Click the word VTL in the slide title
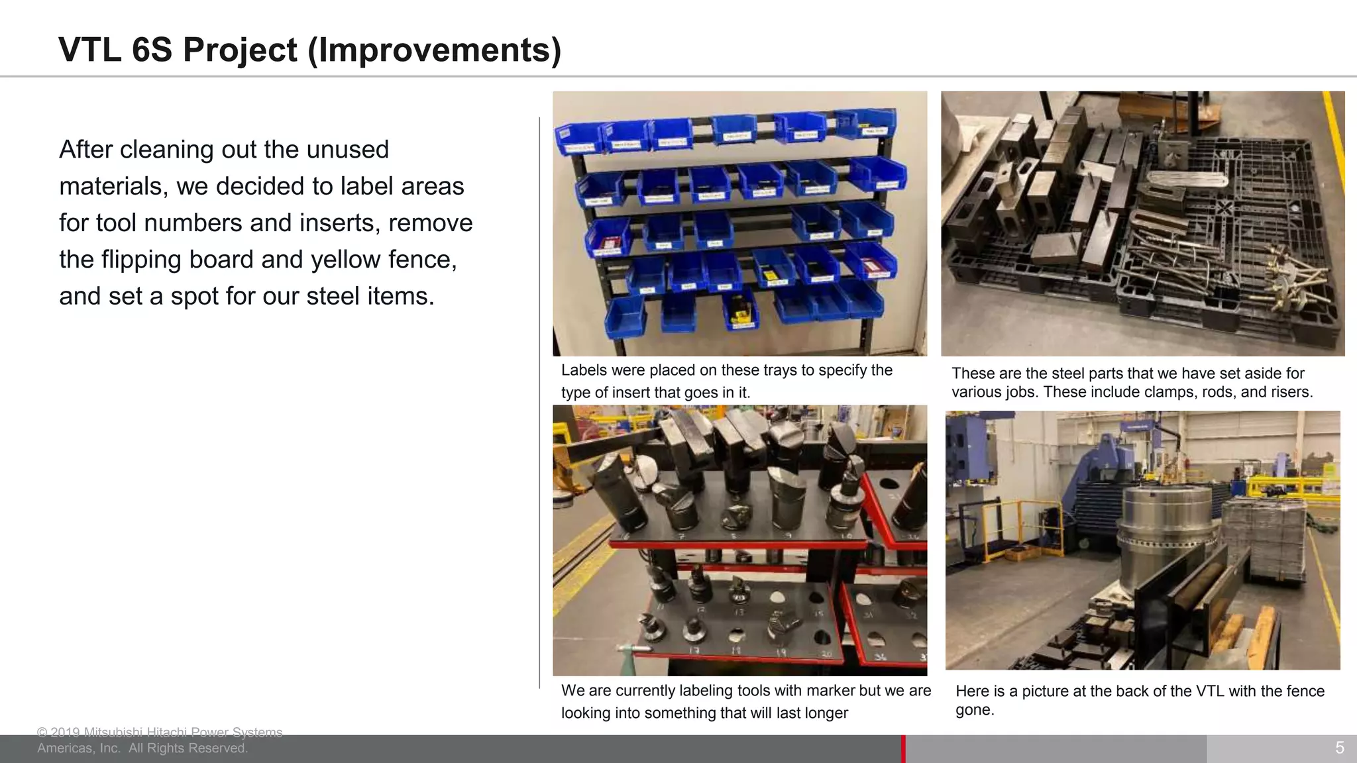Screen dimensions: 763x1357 [x=90, y=50]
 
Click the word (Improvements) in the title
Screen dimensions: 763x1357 [x=435, y=50]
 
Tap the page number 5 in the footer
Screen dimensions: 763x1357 [x=1339, y=748]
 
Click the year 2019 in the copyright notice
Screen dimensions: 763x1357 [x=66, y=733]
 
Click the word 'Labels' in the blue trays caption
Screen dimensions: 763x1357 [x=584, y=370]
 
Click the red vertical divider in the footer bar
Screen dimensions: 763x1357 [x=903, y=748]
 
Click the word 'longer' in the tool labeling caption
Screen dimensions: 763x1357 [x=824, y=713]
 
